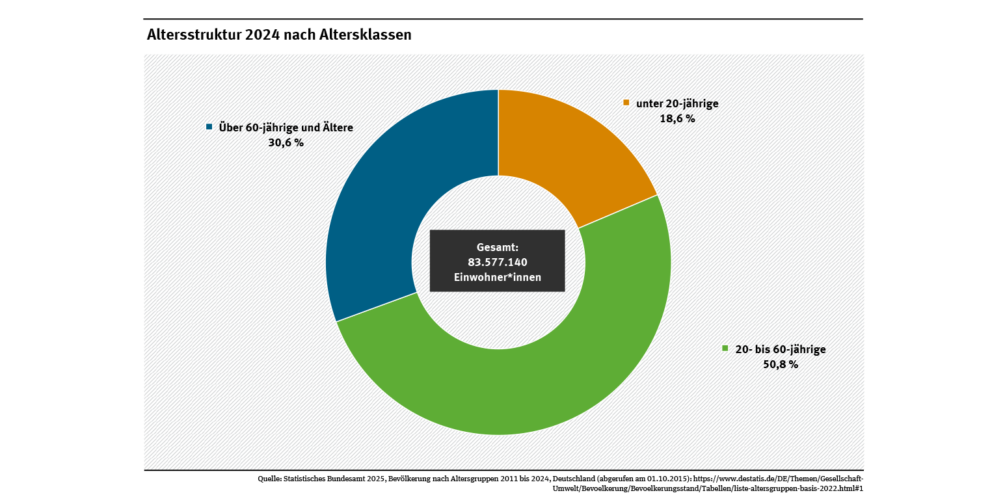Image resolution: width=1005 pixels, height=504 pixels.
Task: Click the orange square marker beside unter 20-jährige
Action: click(x=626, y=103)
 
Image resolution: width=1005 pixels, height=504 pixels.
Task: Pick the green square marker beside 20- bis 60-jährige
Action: click(x=725, y=349)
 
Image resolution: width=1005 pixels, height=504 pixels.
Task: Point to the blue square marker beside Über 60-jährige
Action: click(x=209, y=127)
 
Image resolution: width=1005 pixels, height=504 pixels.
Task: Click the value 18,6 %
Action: click(x=677, y=119)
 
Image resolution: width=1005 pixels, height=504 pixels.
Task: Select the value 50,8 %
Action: click(x=781, y=364)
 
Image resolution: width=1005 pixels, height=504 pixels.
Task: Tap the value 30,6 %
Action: click(x=286, y=142)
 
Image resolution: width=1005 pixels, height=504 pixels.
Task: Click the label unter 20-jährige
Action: click(x=677, y=103)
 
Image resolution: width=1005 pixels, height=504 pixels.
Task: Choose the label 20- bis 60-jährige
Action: click(x=781, y=349)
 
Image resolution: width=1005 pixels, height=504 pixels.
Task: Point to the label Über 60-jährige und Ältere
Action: click(x=286, y=127)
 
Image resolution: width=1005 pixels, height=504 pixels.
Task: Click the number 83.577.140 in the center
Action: click(x=498, y=262)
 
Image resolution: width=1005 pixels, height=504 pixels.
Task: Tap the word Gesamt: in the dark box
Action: click(x=498, y=247)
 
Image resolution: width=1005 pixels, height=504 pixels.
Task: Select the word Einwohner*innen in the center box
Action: click(x=498, y=278)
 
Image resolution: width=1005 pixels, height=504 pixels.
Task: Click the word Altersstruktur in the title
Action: click(x=194, y=35)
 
